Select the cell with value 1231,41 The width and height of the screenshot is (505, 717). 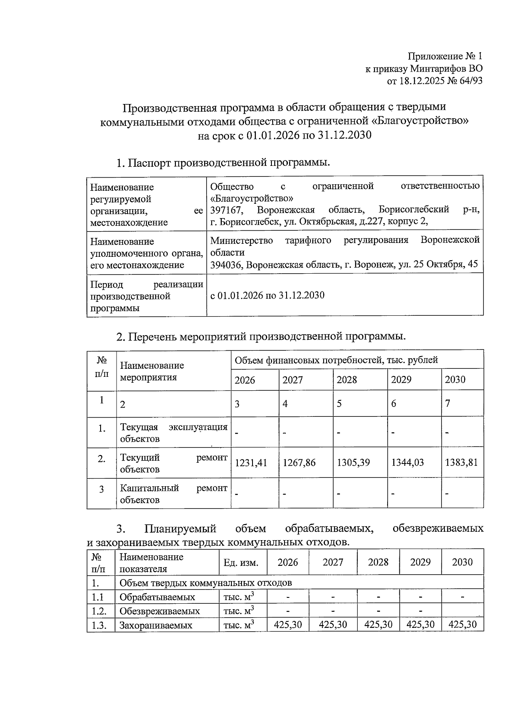[251, 463]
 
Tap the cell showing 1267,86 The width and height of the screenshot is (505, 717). [299, 463]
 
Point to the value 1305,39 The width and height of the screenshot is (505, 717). [353, 463]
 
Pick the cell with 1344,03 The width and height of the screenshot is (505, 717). [407, 463]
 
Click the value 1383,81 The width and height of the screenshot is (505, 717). [461, 463]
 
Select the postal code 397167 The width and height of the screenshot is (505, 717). [225, 210]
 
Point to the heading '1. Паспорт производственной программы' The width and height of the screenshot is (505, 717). [223, 163]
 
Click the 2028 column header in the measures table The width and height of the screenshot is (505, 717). [347, 380]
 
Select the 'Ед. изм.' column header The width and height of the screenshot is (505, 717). [241, 563]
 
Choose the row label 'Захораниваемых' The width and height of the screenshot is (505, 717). [156, 625]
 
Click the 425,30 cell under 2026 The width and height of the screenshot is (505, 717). [288, 624]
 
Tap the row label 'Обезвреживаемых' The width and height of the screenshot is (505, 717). [159, 611]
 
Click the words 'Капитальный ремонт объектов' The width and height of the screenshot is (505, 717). [173, 494]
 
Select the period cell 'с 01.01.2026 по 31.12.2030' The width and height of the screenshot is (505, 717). [267, 295]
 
